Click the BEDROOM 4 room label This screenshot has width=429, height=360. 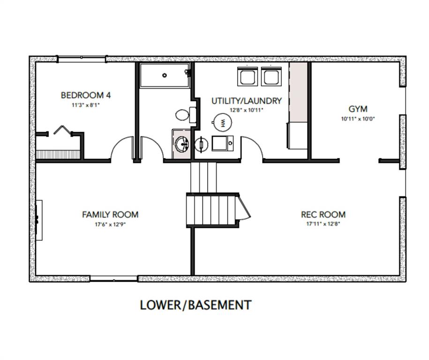[86, 96]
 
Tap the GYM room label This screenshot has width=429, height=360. [358, 110]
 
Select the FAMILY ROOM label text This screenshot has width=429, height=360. [110, 215]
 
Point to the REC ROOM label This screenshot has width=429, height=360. [323, 215]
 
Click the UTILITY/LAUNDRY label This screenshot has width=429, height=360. [246, 101]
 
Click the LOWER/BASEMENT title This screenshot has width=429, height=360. [196, 305]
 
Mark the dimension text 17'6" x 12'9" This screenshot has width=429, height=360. [110, 224]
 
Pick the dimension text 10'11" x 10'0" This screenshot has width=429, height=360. [358, 119]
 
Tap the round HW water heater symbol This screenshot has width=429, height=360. [223, 122]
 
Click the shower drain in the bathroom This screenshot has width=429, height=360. [165, 75]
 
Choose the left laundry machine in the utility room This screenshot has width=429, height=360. [247, 76]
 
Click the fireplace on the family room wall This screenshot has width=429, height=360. [39, 217]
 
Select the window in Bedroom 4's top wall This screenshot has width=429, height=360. [82, 59]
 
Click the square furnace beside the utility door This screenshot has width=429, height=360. [222, 143]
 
